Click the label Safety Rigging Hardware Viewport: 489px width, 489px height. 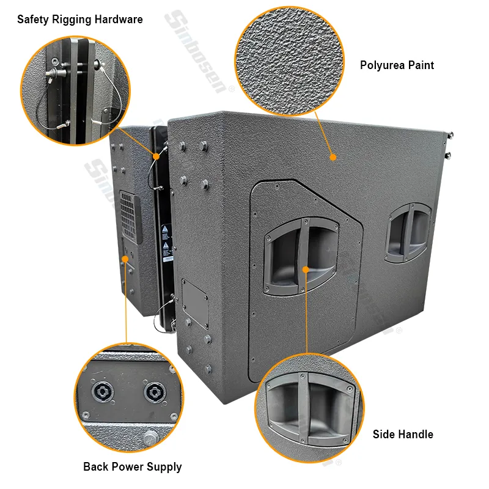[80, 20]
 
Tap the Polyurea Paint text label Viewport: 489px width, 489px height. [397, 65]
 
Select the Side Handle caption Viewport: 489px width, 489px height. [403, 435]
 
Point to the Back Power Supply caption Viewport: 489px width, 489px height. [132, 467]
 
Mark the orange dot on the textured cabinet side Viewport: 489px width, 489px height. [333, 157]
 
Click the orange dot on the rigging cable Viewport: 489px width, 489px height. [156, 156]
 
